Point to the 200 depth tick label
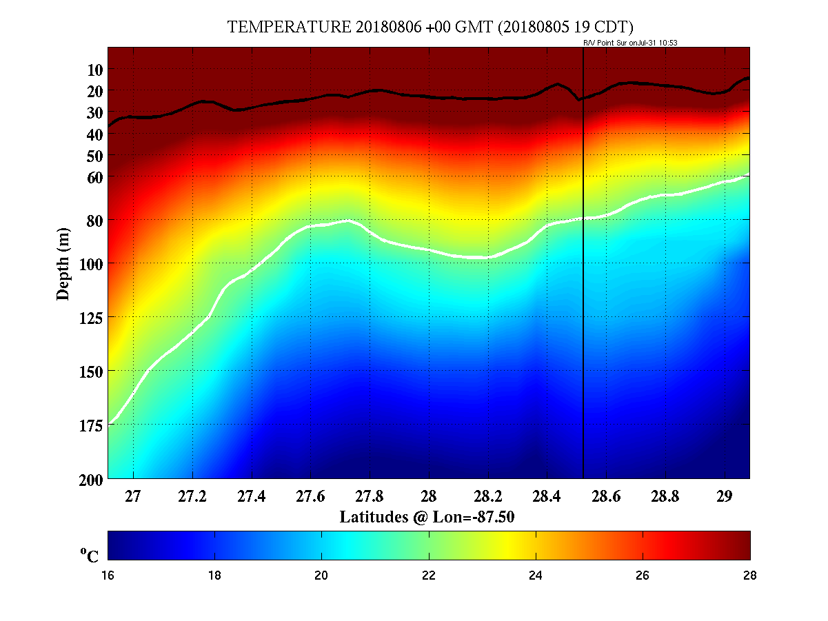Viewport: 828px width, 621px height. click(92, 478)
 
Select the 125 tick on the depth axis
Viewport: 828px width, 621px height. click(92, 317)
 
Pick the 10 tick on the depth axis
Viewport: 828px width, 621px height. click(95, 70)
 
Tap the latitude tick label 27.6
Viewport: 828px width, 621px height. click(310, 496)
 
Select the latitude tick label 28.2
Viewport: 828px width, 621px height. click(487, 496)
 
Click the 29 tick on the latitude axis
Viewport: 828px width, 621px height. click(724, 496)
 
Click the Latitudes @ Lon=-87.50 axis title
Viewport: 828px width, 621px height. click(427, 516)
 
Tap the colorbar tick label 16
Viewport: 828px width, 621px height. click(108, 576)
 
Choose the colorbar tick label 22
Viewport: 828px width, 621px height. click(429, 576)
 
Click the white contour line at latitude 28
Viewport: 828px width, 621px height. click(428, 250)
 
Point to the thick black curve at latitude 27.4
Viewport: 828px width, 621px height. click(251, 108)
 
